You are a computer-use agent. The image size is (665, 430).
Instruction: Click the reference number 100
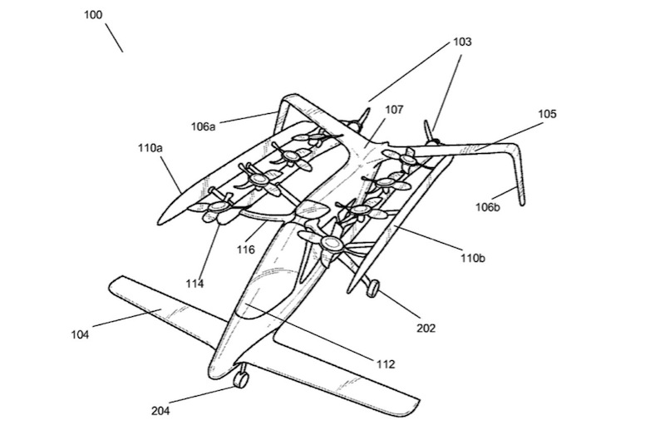point(93,15)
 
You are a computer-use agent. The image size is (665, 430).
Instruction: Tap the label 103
point(462,42)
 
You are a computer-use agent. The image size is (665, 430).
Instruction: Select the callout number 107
point(394,110)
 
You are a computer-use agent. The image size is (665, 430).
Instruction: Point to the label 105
point(547,114)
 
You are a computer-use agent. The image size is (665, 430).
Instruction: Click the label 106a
point(203,126)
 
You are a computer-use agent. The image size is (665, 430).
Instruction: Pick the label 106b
point(488,207)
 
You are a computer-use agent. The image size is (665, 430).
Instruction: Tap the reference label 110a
point(150,148)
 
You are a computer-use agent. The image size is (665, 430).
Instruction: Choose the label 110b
point(473,258)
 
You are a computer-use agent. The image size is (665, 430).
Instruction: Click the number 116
point(246,250)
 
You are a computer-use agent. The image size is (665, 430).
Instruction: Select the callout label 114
point(195,284)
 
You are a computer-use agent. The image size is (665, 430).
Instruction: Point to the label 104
point(80,334)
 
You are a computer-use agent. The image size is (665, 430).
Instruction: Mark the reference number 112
point(386,363)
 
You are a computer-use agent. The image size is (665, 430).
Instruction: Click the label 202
point(426,328)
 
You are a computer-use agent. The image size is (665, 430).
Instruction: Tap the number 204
point(160,411)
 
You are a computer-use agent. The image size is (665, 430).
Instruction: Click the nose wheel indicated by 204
point(241,379)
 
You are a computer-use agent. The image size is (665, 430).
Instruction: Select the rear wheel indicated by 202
point(373,289)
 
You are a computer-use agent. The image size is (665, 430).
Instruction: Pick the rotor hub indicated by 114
point(219,207)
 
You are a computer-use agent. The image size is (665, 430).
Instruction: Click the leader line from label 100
point(114,37)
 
